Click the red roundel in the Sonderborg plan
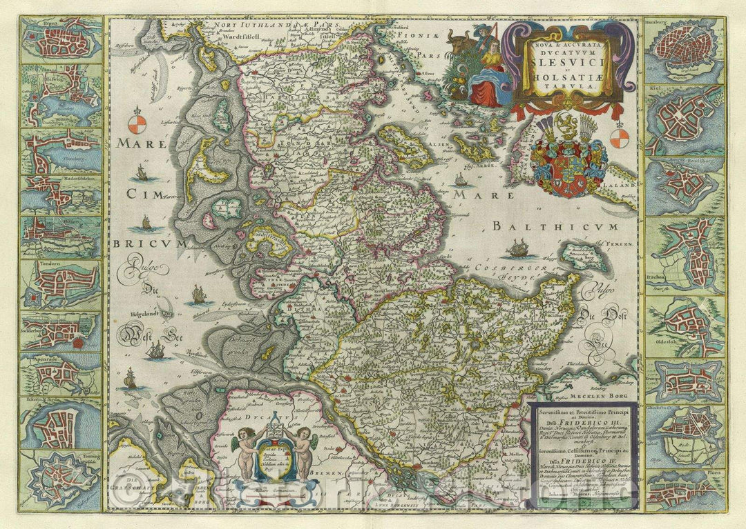79,341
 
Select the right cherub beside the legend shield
303,448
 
